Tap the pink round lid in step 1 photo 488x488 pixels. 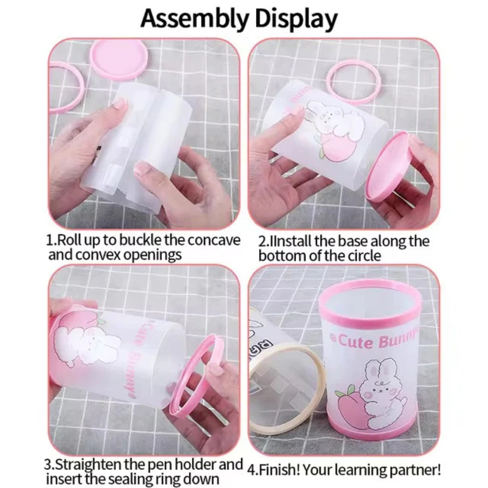(x=119, y=58)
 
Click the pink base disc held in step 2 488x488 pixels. (x=388, y=166)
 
